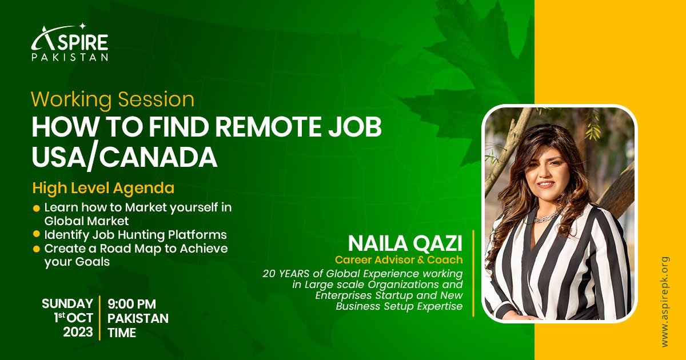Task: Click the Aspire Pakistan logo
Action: [70, 43]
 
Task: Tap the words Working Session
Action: [113, 99]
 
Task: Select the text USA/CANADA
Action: [124, 157]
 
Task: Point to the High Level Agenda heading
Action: [103, 187]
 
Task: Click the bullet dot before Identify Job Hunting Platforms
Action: [37, 235]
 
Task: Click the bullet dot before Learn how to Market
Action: [37, 208]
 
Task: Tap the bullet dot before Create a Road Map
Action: [37, 249]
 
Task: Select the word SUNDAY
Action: [67, 303]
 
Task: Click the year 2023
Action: [78, 332]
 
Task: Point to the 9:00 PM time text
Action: [131, 304]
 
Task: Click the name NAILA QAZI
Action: [405, 243]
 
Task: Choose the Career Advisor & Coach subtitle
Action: [398, 260]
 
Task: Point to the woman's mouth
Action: [545, 185]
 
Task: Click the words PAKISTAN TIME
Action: [138, 326]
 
